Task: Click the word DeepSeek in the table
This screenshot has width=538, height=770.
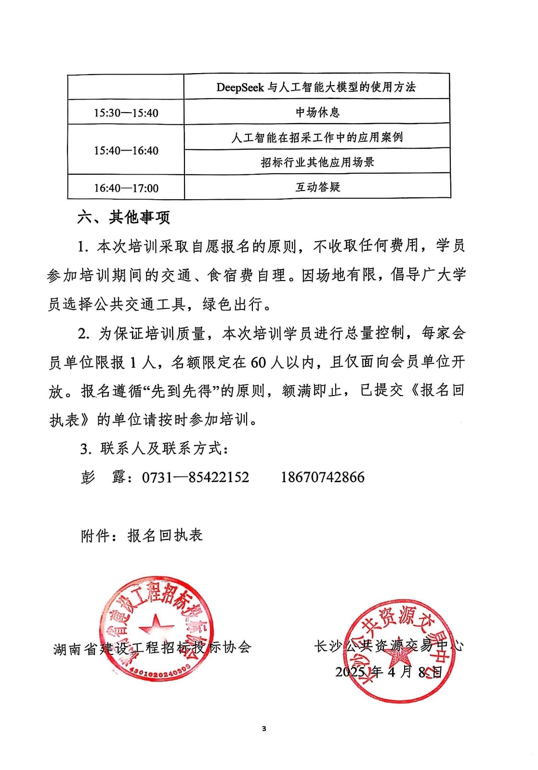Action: coord(240,88)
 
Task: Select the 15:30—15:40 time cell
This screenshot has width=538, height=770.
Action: coord(126,113)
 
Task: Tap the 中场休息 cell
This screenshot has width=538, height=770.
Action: coord(317,113)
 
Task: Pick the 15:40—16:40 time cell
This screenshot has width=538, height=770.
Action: coord(126,151)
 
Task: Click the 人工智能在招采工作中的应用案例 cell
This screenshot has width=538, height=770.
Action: coord(317,138)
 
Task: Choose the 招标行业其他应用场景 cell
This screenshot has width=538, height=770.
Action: coord(317,162)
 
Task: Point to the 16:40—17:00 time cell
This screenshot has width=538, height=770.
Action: coord(126,188)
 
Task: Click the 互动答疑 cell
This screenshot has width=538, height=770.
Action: coord(317,187)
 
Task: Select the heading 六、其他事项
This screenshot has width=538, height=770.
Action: coord(123,218)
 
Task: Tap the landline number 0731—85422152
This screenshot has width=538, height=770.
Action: coord(196,477)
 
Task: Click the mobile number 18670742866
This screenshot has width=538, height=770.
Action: coord(322,477)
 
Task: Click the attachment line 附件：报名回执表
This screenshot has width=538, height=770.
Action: coord(142,536)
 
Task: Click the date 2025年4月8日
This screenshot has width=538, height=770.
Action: coord(388,672)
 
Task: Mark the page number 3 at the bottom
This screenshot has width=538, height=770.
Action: coord(264,729)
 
